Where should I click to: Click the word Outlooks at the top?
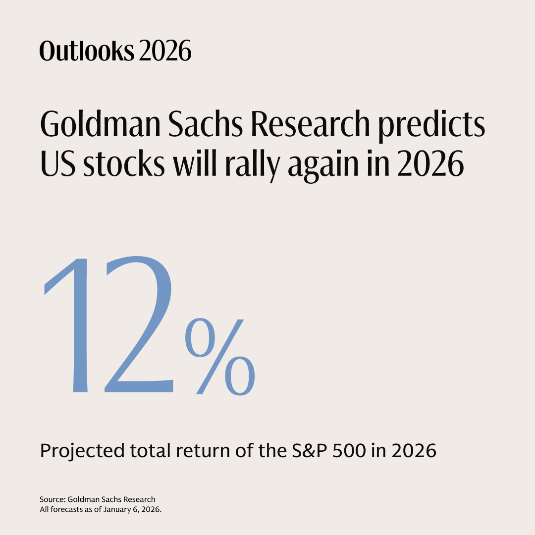coord(87,51)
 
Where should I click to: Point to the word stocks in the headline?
coord(124,165)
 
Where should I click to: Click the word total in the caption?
coord(149,451)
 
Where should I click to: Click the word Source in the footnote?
coord(52,499)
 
